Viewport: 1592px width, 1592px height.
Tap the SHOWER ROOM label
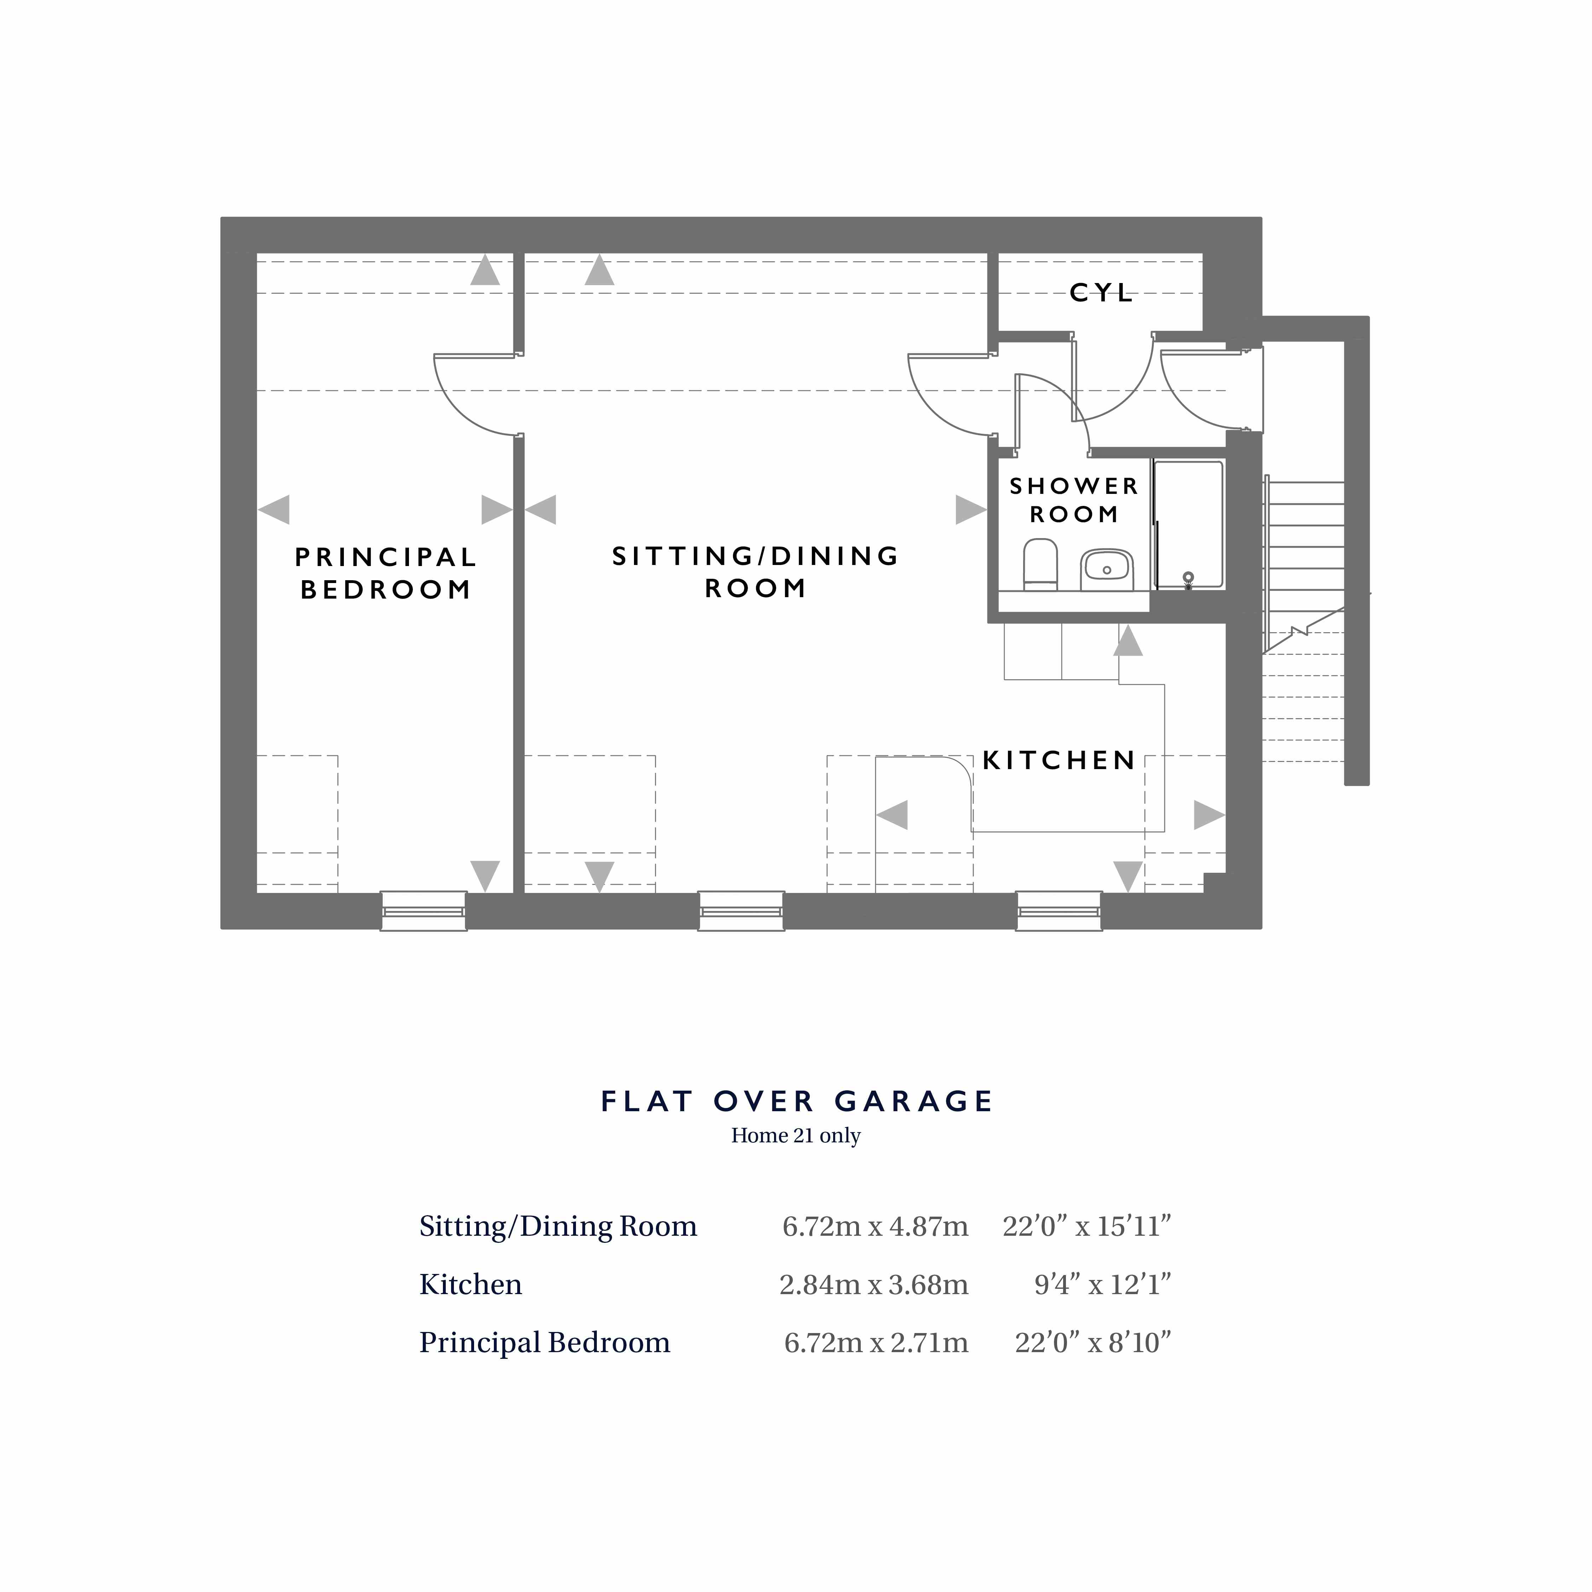[1074, 500]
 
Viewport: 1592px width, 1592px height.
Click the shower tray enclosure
[1188, 525]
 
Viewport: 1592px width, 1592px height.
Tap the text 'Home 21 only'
[796, 1136]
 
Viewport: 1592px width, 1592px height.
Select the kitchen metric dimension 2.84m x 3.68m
[873, 1285]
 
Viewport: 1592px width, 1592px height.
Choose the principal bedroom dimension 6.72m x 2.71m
[876, 1343]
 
